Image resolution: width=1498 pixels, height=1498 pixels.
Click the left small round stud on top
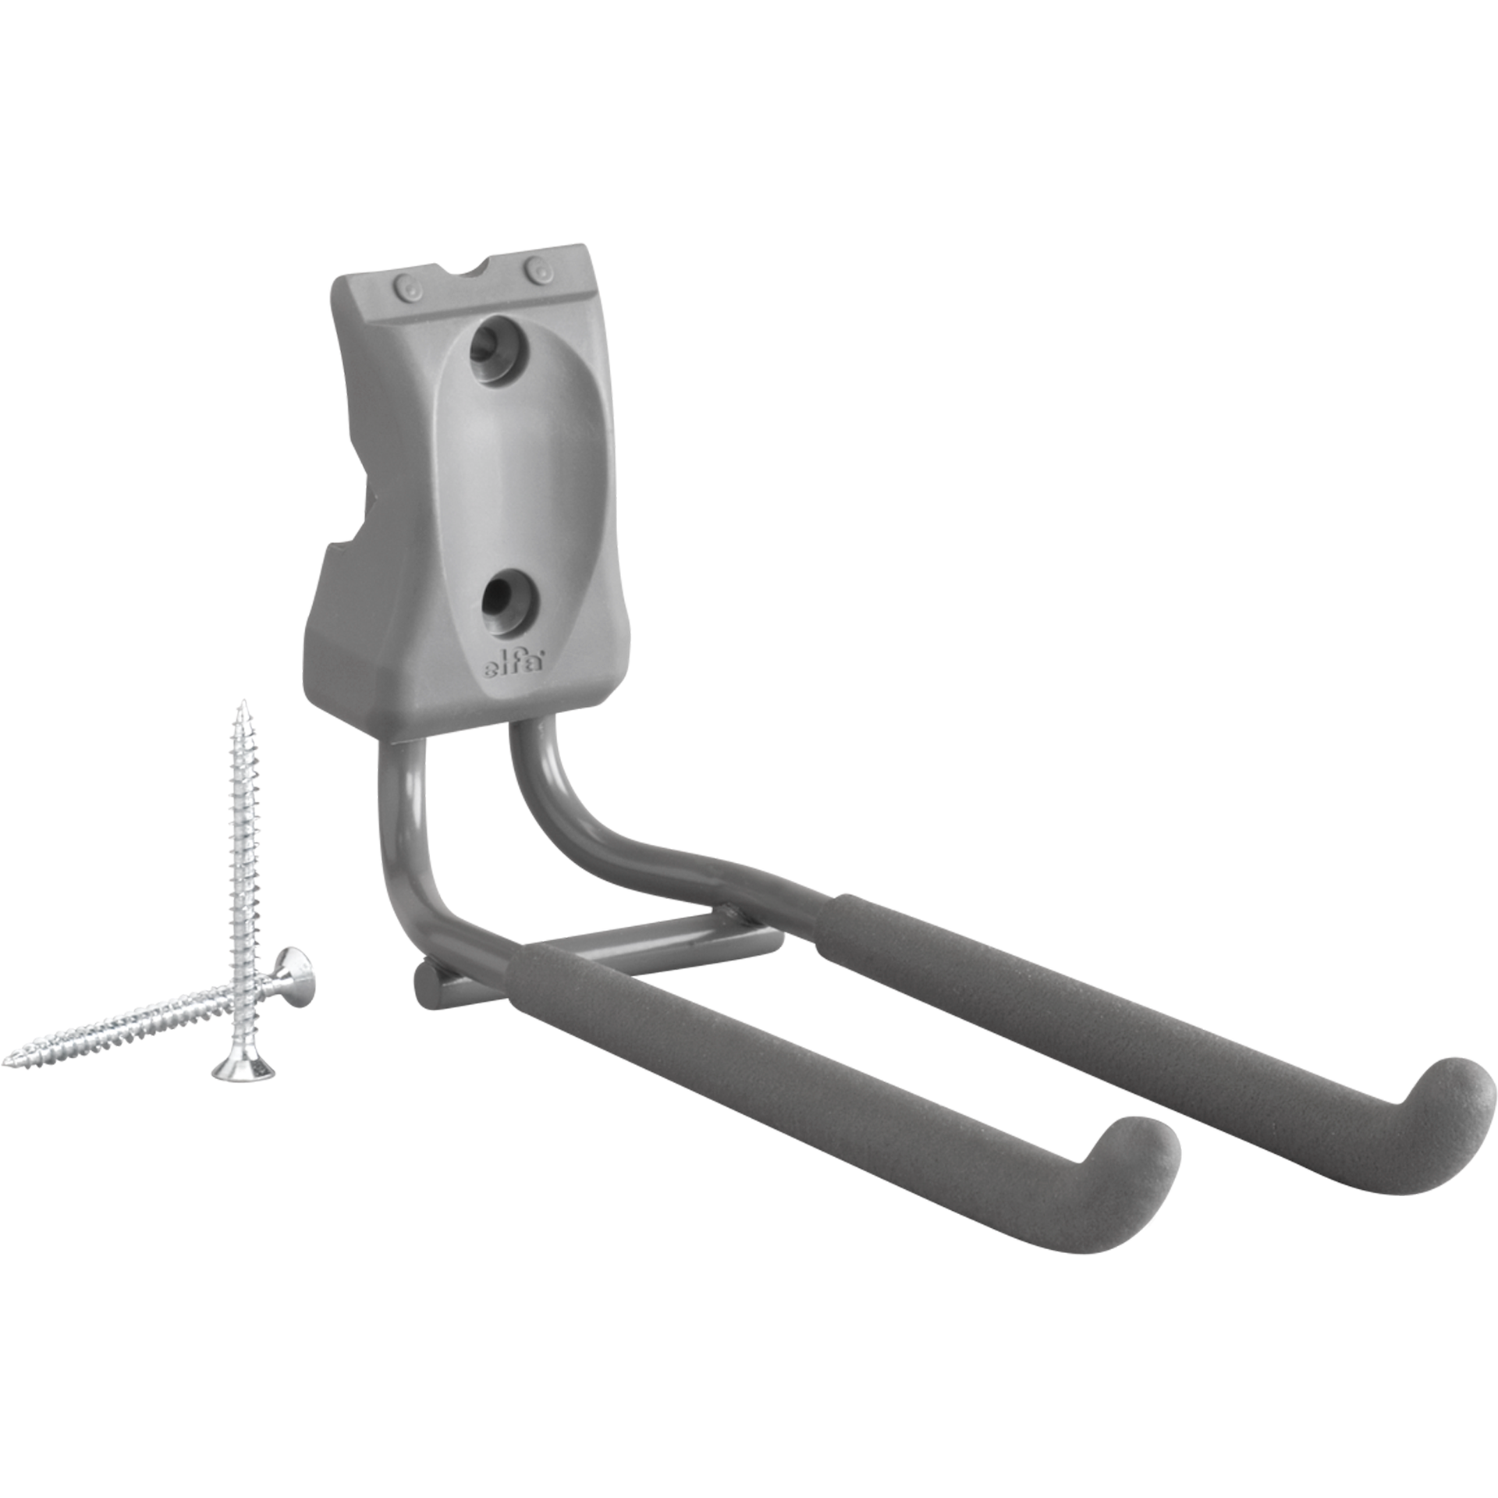point(409,287)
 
